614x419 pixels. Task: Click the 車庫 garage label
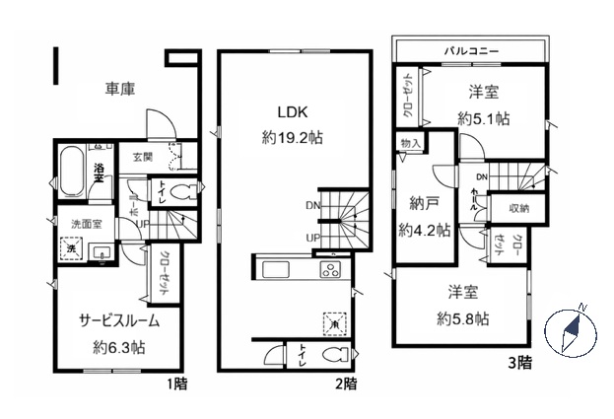coord(120,89)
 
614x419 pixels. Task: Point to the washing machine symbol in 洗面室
coord(72,250)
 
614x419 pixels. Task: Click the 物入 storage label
coord(411,144)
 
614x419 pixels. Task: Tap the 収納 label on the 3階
coord(518,208)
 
